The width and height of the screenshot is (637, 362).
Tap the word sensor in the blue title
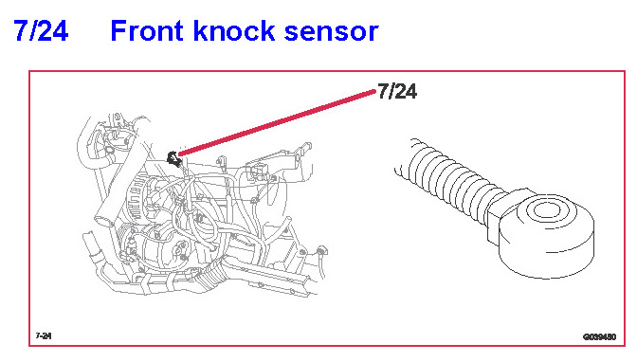click(331, 33)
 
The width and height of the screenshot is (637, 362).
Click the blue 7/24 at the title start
click(41, 30)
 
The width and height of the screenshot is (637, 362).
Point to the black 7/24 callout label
click(397, 91)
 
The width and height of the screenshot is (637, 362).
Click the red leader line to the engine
click(277, 122)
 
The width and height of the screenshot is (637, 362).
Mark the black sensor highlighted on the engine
click(173, 158)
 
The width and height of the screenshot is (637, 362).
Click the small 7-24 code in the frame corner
click(44, 336)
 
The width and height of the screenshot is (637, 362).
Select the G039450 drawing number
click(600, 336)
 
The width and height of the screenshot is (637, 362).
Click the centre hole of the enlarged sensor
click(546, 210)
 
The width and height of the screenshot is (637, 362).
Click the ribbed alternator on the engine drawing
click(142, 199)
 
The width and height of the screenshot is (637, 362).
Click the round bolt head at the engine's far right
click(321, 249)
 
